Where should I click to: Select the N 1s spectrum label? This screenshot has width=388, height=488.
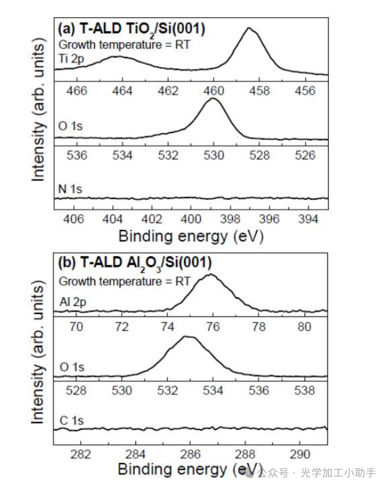pyautogui.click(x=71, y=188)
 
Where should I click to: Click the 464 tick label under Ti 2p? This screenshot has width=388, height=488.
pyautogui.click(x=122, y=91)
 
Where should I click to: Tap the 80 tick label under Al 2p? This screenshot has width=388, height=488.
pyautogui.click(x=305, y=327)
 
